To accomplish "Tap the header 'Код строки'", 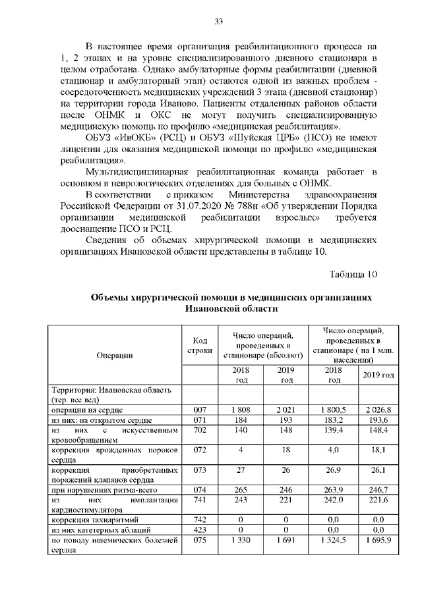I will [200, 345].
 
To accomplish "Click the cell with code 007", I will [200, 410].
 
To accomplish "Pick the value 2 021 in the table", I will [286, 410].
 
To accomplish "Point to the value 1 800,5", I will [334, 410].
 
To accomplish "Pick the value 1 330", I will [241, 539].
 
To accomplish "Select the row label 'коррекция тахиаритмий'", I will [92, 520].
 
